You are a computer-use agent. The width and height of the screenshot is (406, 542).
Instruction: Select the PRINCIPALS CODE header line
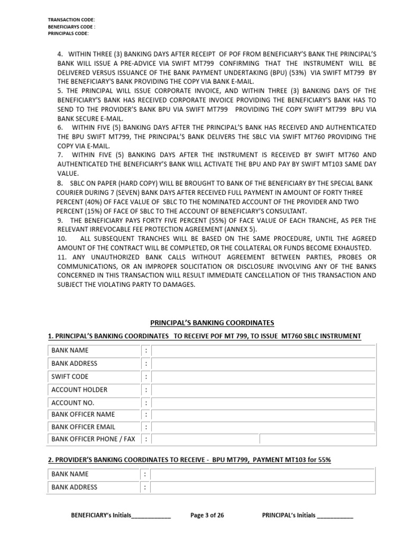tap(68, 33)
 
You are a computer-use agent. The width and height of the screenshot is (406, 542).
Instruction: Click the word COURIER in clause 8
tap(71, 193)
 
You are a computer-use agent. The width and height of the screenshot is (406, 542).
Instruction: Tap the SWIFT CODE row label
tap(70, 377)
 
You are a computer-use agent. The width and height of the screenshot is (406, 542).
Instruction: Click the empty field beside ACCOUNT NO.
tap(263, 402)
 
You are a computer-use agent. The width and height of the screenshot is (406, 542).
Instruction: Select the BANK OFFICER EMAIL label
tap(83, 427)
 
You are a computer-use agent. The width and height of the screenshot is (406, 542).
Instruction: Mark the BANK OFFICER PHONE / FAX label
tap(93, 439)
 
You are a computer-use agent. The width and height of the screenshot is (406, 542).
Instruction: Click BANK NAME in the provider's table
tap(70, 474)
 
